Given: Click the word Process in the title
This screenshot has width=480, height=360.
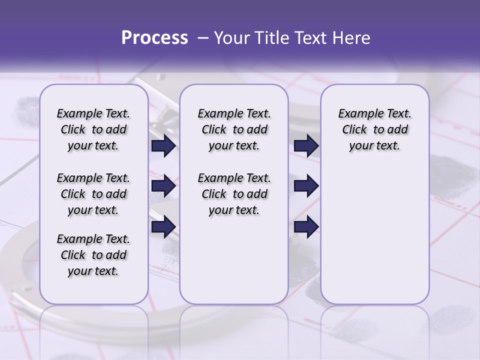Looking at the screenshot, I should [154, 38].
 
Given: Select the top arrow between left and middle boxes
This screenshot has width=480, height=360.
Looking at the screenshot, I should [163, 146].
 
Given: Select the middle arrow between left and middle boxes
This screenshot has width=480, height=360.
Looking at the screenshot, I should [163, 186].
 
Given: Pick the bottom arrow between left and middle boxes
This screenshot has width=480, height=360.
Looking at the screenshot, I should [163, 227].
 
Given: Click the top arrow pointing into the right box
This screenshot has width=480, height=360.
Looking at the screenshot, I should [306, 146].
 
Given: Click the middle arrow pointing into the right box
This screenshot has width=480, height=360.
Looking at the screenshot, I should [306, 186].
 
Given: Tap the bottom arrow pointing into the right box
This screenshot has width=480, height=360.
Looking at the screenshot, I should [306, 227].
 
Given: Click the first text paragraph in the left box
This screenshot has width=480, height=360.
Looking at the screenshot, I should [93, 129].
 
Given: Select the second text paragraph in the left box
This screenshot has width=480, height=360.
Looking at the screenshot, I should [93, 194].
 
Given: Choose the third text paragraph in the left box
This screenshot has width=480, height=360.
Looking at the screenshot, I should [93, 255].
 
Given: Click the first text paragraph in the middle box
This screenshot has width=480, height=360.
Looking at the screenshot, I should [234, 129].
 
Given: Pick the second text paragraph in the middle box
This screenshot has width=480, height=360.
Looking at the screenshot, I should [234, 194].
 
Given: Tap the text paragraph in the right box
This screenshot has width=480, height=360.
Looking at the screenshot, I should [374, 129].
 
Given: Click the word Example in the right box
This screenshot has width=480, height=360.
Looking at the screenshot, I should [357, 113].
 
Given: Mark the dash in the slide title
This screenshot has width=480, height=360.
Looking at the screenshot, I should [202, 38].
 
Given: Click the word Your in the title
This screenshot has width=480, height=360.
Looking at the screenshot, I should [232, 38].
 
